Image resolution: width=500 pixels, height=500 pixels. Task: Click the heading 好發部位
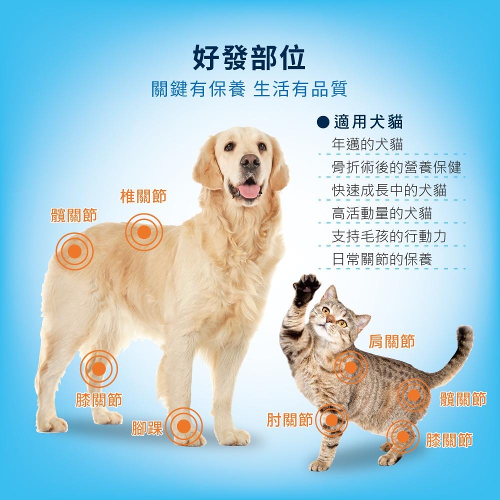[x=249, y=57]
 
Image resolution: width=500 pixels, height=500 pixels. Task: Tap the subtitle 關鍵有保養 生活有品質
[x=249, y=88]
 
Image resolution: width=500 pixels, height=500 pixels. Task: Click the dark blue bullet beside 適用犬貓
[x=323, y=122]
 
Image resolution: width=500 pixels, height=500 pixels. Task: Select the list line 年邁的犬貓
[x=367, y=144]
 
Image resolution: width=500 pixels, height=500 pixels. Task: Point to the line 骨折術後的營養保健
[x=396, y=167]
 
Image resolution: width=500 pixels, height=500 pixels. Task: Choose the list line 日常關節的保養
[x=381, y=259]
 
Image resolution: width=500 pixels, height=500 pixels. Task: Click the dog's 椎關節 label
[x=143, y=196]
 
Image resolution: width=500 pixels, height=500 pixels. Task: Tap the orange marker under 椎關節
[x=144, y=232]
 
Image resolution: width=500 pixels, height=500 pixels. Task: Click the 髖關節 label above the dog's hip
[x=74, y=215]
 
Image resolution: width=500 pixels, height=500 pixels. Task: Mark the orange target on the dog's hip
[x=74, y=251]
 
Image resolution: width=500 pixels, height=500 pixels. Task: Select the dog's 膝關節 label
[x=99, y=399]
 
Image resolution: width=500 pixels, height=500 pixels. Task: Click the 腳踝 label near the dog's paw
[x=147, y=428]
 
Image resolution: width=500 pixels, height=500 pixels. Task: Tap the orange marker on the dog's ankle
[x=184, y=426]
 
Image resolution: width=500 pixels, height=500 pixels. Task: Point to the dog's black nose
[x=250, y=161]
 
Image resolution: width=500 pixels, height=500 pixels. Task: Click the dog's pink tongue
[x=249, y=190]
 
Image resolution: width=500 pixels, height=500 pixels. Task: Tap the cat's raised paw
[x=306, y=288]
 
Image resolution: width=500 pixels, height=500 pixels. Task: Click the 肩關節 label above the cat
[x=392, y=341]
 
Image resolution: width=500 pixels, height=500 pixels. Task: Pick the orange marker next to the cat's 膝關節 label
[x=403, y=436]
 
